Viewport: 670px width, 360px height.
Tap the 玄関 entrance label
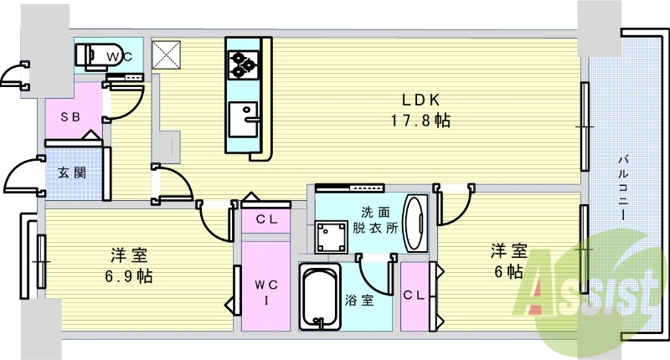70,172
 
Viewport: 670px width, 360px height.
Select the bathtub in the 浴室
319,297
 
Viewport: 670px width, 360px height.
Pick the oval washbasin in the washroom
414,223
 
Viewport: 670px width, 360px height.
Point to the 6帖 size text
508,271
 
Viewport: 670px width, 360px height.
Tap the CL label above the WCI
266,220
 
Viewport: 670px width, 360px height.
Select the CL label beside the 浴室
413,295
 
